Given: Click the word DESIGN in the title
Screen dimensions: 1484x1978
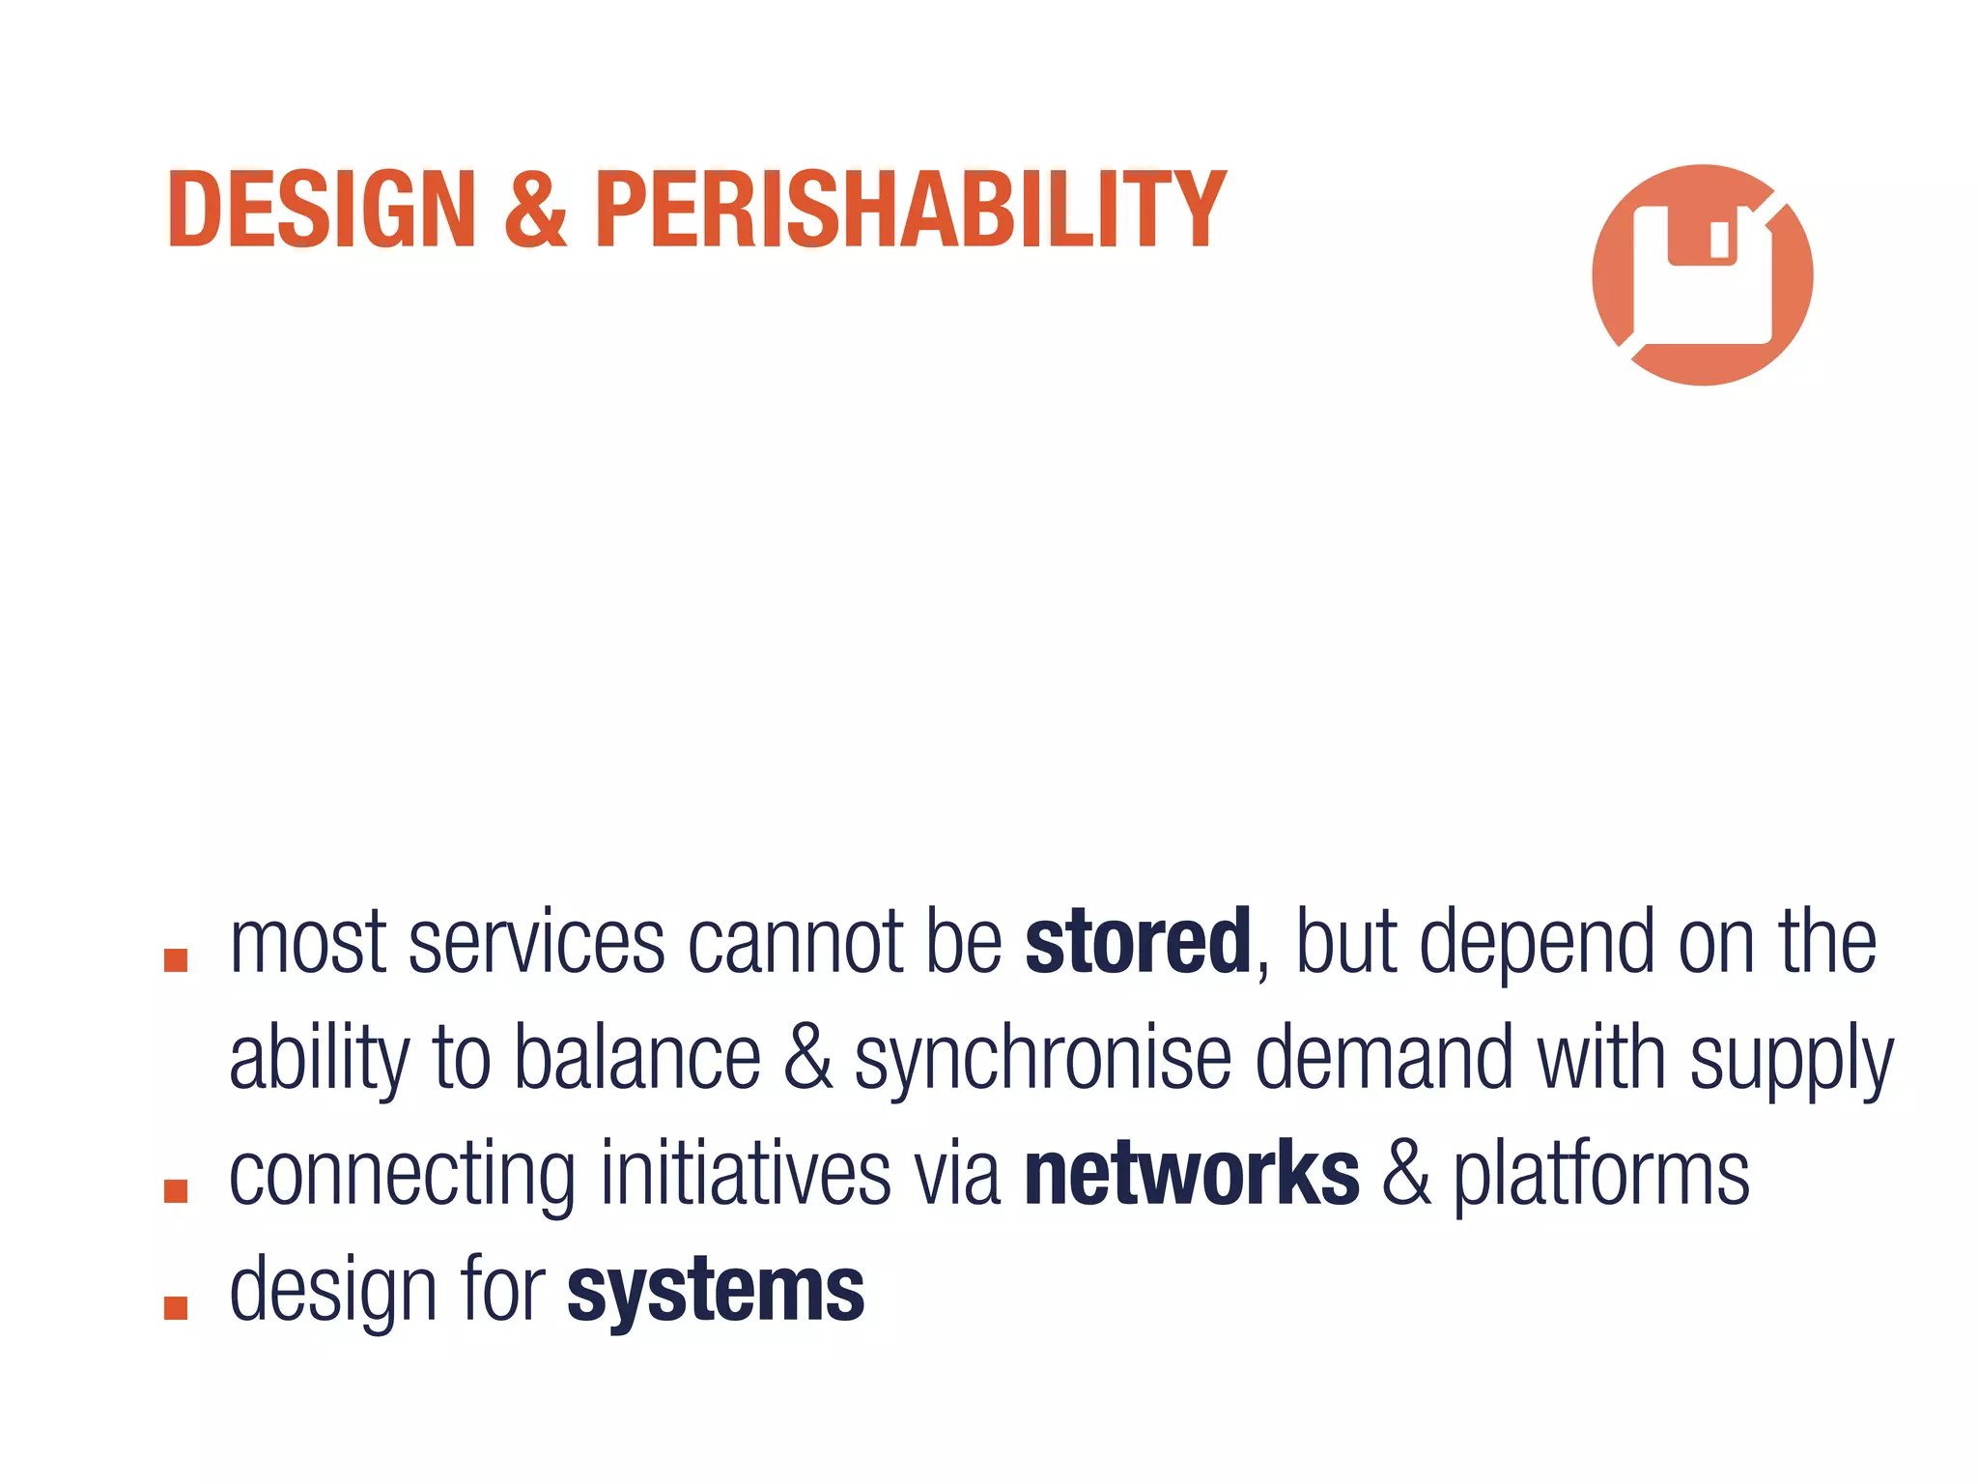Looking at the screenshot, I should [322, 209].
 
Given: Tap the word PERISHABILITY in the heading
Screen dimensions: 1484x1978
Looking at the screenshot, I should [910, 209].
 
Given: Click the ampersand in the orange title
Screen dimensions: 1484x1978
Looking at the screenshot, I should [535, 209].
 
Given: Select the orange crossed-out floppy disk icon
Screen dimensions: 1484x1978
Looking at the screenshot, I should [1702, 275].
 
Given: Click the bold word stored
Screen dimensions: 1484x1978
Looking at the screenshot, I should [1137, 942].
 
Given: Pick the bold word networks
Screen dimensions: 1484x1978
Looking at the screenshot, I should [1191, 1174].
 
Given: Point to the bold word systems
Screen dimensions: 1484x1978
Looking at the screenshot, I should [715, 1291].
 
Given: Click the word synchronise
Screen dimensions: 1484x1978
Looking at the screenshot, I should [1043, 1060].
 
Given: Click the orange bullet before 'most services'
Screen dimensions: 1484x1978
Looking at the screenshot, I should [176, 960].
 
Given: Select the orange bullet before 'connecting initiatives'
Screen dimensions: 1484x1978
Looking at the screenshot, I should [176, 1191].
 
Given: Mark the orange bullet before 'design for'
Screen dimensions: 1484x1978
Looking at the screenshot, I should [176, 1308].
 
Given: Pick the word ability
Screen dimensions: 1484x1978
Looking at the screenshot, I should [320, 1060].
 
